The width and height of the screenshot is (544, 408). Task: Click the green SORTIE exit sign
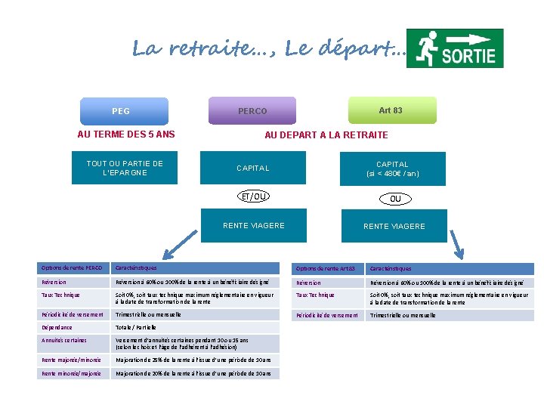455,48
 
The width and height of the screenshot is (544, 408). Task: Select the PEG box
121,111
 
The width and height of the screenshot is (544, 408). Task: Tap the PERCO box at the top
252,111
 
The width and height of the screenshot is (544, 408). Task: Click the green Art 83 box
391,110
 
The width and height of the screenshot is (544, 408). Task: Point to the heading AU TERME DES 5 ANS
126,134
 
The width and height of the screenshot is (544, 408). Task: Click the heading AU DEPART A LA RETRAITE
326,134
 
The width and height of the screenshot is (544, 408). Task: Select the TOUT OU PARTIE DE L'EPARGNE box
125,168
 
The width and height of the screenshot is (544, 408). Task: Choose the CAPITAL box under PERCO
252,168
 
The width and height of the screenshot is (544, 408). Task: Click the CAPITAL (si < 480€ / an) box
392,168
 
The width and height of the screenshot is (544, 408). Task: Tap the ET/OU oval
253,197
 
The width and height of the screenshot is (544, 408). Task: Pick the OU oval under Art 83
394,199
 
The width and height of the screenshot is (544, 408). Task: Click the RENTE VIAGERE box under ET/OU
253,225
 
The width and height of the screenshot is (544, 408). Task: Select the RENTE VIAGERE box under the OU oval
394,226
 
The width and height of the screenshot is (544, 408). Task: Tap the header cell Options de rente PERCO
73,268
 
